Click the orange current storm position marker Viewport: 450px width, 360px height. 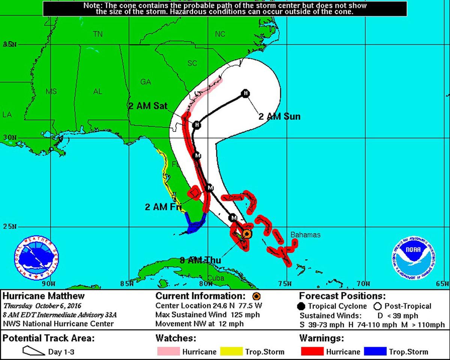pyautogui.click(x=246, y=234)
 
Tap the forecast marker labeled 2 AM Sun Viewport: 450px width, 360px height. pyautogui.click(x=245, y=93)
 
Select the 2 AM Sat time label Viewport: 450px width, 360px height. pyautogui.click(x=147, y=106)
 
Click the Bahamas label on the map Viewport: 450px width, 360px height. pyautogui.click(x=306, y=235)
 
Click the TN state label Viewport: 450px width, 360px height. pyautogui.click(x=98, y=34)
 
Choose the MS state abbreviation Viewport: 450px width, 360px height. pyautogui.click(x=51, y=91)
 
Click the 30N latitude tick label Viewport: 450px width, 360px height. pyautogui.click(x=10, y=138)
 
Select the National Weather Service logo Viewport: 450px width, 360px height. pyautogui.click(x=36, y=258)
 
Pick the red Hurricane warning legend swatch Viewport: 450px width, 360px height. pyautogui.click(x=312, y=351)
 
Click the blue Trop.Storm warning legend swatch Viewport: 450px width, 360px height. pyautogui.click(x=375, y=351)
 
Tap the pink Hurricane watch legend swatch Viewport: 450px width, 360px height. pyautogui.click(x=168, y=351)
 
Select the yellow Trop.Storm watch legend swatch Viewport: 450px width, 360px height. pyautogui.click(x=231, y=351)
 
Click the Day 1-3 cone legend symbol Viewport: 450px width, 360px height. pyautogui.click(x=33, y=351)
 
